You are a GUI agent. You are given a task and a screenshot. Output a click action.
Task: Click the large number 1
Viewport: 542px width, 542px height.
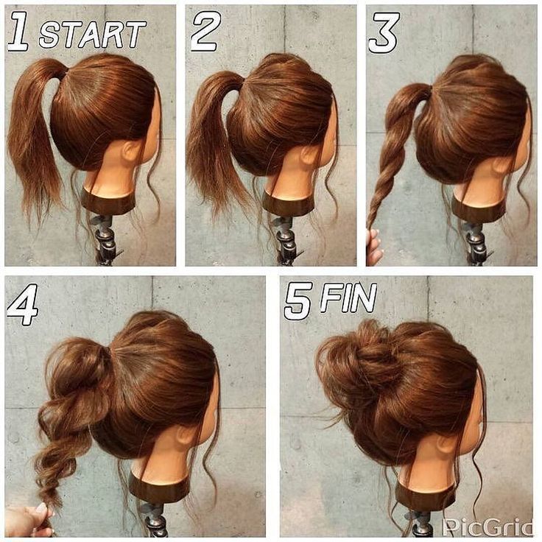coord(18,31)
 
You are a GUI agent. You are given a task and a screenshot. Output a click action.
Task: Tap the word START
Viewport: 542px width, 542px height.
coord(93,34)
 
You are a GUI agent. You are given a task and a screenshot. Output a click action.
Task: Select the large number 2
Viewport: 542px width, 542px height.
coord(206,31)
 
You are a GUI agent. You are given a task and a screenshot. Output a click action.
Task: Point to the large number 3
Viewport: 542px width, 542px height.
coord(384,33)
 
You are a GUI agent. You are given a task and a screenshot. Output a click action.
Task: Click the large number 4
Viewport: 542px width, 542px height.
coord(23,304)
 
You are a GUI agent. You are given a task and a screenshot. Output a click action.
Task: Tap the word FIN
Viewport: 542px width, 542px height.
coord(348,298)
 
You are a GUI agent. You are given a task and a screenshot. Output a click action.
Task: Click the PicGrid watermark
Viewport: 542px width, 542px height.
coord(488,527)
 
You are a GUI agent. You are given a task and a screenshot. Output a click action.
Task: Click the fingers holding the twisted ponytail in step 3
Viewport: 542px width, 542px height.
coord(373,246)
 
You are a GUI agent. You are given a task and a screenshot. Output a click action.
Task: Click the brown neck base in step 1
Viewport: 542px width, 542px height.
coord(108,202)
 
